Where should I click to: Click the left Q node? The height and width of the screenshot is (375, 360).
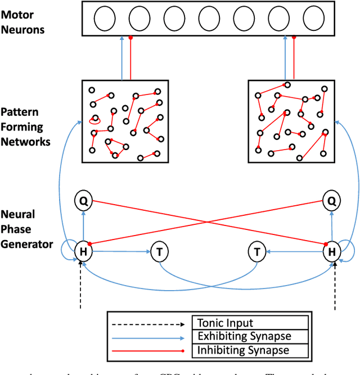pyautogui.click(x=83, y=200)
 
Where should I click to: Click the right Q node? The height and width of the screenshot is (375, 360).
pyautogui.click(x=331, y=200)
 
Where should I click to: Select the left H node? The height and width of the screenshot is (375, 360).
pyautogui.click(x=83, y=252)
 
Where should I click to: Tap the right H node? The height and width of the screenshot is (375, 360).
pyautogui.click(x=331, y=252)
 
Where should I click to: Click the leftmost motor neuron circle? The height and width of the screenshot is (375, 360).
pyautogui.click(x=103, y=20)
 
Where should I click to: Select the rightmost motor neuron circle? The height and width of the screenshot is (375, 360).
pyautogui.click(x=313, y=20)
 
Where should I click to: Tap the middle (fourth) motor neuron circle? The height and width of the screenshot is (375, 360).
pyautogui.click(x=209, y=20)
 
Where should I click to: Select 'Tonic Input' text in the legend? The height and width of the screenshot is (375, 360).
pyautogui.click(x=222, y=323)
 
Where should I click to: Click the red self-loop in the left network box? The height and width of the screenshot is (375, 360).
pyautogui.click(x=95, y=119)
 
